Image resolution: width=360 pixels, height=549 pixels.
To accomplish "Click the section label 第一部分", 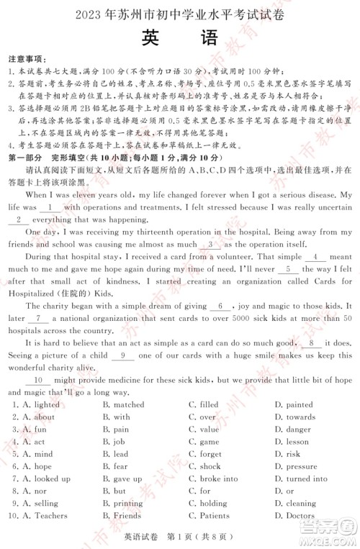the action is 24,158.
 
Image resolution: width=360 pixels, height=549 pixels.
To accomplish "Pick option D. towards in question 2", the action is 295,417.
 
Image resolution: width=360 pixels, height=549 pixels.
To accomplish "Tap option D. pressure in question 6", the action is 296,466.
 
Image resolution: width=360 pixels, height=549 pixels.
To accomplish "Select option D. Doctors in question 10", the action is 294,515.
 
